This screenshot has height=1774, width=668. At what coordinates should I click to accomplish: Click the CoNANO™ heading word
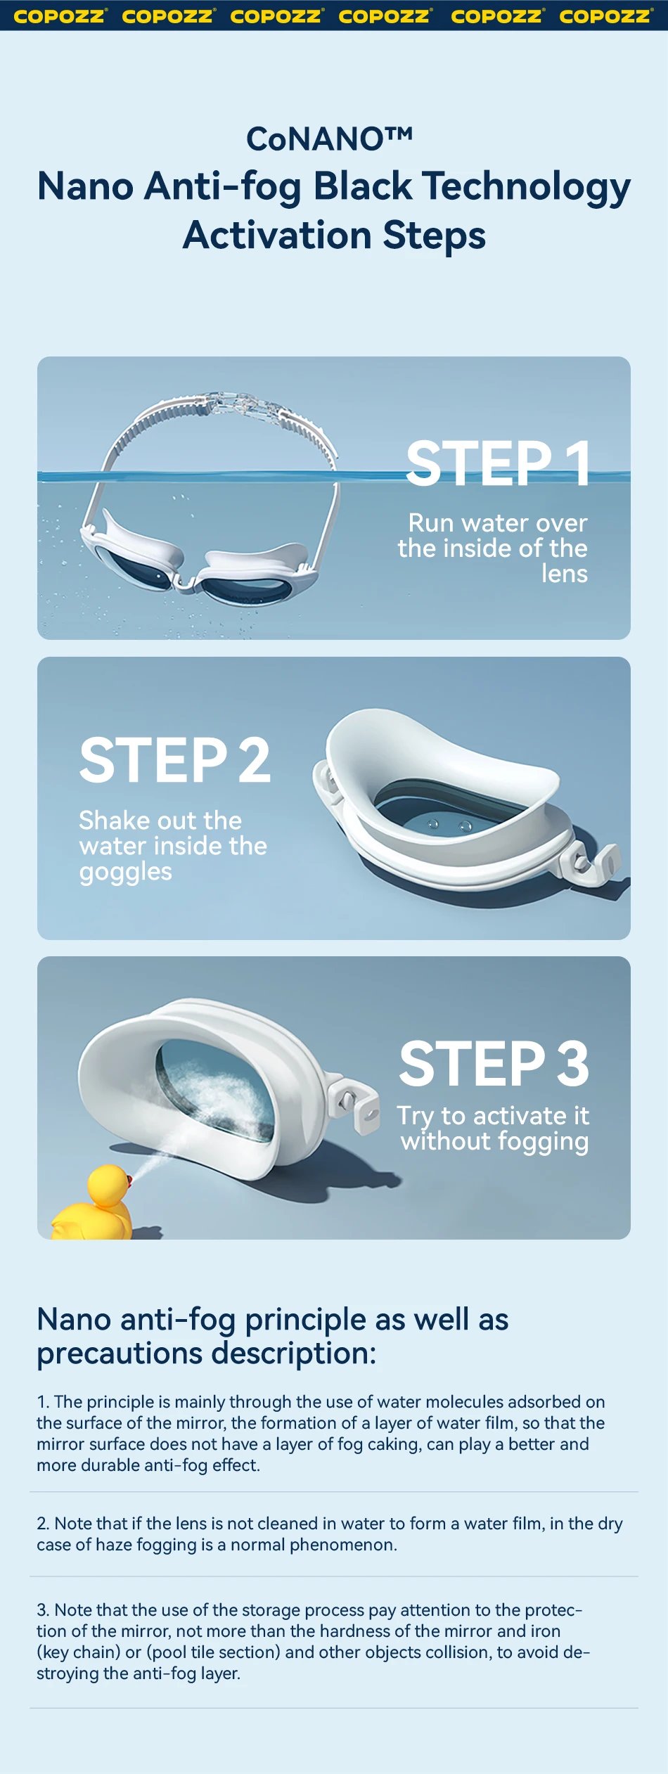pyautogui.click(x=329, y=139)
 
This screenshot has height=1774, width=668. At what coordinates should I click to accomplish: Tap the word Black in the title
pyautogui.click(x=362, y=187)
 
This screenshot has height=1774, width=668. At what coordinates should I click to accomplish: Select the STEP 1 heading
pyautogui.click(x=498, y=463)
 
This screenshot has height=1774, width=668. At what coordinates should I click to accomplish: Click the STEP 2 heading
pyautogui.click(x=174, y=760)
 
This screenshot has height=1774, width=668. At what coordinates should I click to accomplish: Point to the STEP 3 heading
pyautogui.click(x=494, y=1064)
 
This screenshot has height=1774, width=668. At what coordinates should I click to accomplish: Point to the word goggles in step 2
pyautogui.click(x=125, y=872)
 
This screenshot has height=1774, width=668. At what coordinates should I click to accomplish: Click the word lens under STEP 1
pyautogui.click(x=564, y=574)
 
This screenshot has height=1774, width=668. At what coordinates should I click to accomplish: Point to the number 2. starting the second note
pyautogui.click(x=43, y=1523)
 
